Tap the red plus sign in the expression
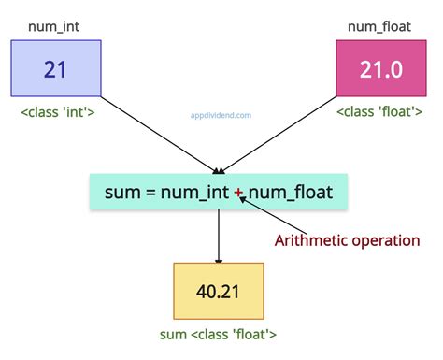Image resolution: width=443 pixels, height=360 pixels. (239, 193)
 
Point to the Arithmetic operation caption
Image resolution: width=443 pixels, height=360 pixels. (347, 240)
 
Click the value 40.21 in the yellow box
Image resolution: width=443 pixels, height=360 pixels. (218, 291)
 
